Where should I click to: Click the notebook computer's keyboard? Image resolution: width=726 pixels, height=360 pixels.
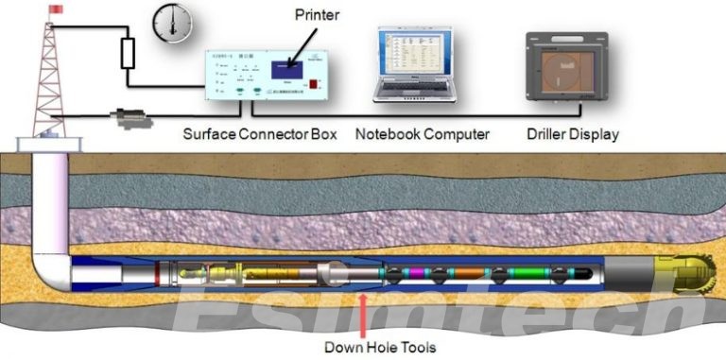[x=412, y=91]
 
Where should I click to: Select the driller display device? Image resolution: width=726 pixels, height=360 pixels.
[x=565, y=69]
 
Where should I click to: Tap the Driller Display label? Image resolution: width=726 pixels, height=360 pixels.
[x=573, y=134]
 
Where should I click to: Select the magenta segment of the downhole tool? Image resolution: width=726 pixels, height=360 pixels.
[x=416, y=274]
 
